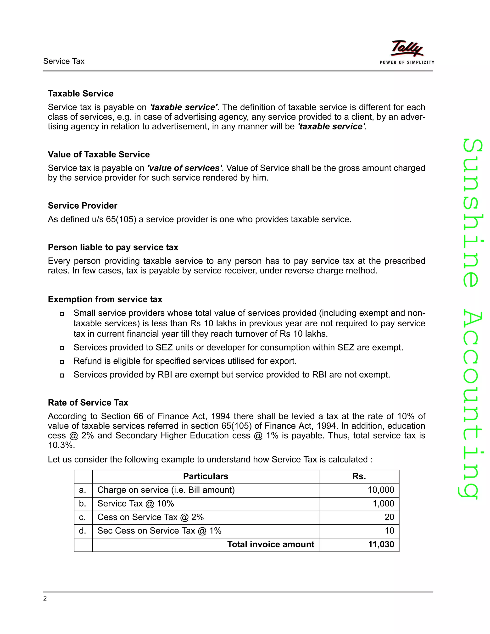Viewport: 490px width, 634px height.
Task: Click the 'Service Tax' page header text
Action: (x=64, y=61)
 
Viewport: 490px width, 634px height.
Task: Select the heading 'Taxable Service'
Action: (x=81, y=94)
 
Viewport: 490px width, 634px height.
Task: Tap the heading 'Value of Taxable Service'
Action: (x=99, y=155)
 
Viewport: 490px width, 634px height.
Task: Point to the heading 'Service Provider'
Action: (x=83, y=206)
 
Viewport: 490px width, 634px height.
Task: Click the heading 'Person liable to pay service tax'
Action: (x=113, y=247)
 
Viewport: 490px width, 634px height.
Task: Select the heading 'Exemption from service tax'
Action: (x=105, y=299)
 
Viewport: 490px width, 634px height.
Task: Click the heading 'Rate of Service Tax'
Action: (x=88, y=403)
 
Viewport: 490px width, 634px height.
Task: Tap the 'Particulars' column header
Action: (x=206, y=476)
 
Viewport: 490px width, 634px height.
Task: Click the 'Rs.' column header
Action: (x=359, y=476)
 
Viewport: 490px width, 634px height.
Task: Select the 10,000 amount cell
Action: (x=381, y=490)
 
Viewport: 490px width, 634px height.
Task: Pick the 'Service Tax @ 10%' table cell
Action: (x=136, y=504)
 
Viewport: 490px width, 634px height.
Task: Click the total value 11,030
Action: (x=381, y=544)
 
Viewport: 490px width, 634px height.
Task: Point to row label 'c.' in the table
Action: (x=83, y=517)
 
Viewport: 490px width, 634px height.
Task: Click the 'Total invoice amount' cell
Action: (x=270, y=544)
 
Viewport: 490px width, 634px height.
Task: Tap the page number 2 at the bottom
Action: (x=45, y=599)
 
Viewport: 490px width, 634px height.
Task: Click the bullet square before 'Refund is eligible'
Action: (x=61, y=362)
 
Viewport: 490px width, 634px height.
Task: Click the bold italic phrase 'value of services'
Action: (x=185, y=168)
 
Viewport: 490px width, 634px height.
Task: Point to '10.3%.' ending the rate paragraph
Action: (x=61, y=445)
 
